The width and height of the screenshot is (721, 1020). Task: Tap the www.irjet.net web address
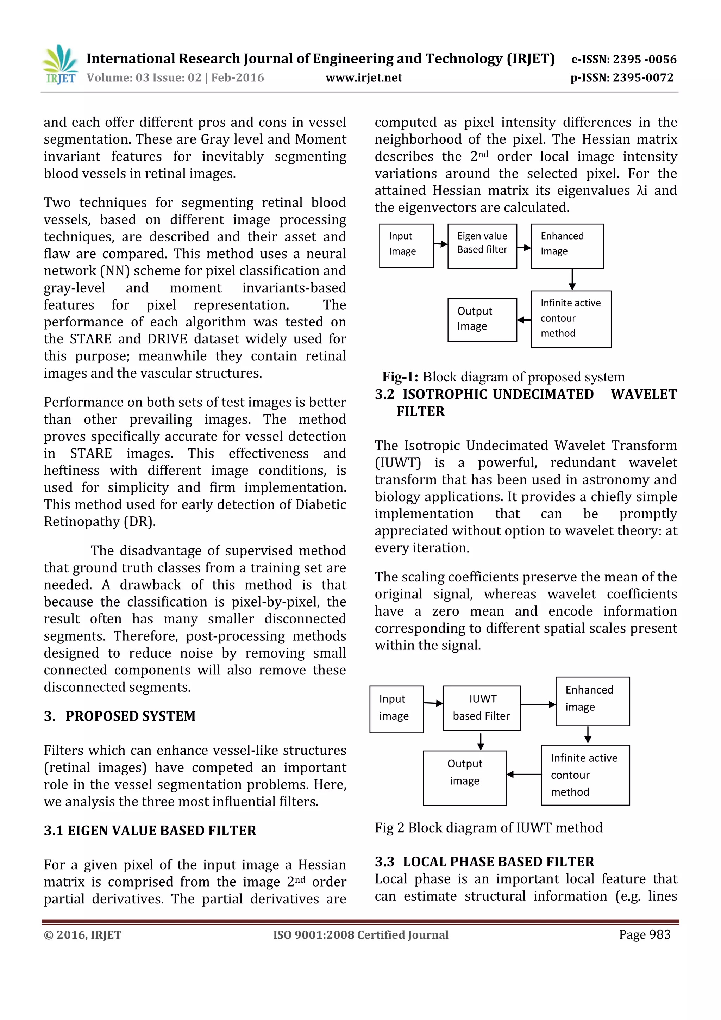(364, 78)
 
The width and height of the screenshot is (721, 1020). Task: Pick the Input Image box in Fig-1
(406, 246)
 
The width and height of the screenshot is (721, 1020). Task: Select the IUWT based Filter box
(481, 708)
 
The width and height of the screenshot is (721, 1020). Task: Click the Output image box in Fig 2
(464, 778)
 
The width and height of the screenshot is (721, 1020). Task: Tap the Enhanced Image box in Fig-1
(566, 246)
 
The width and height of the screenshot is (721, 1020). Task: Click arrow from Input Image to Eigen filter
(440, 244)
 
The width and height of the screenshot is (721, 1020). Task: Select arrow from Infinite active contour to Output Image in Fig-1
(524, 320)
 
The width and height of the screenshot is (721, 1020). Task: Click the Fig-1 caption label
(400, 377)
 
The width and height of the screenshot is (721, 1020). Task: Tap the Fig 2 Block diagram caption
(488, 828)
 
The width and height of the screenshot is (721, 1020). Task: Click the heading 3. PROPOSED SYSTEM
(119, 716)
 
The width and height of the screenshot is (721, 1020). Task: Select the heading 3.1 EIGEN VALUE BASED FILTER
(150, 831)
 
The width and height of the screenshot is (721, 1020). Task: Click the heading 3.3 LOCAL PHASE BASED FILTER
(484, 862)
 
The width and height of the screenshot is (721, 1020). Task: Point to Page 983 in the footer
(644, 935)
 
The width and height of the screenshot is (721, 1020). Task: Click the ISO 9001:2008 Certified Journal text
(360, 935)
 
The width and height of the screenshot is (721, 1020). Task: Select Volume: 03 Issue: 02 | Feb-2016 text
(175, 78)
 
